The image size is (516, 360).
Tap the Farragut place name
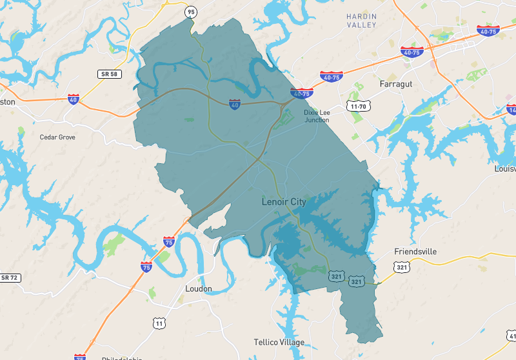pos(395,85)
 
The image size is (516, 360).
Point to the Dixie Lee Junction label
pos(316,116)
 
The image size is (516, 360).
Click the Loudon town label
pos(198,288)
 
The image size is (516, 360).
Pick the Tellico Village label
pos(279,342)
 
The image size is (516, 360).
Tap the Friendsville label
pos(415,251)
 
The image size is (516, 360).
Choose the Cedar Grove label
pos(57,137)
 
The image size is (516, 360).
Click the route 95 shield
pos(190,12)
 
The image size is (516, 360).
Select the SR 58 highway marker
pos(109,74)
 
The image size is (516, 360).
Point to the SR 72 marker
pos(9,277)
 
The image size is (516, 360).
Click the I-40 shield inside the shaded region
pos(235,104)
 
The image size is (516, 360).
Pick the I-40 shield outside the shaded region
pos(74,99)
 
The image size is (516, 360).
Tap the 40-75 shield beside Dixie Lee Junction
pos(302,94)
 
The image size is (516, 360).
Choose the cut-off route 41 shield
pos(511,336)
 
